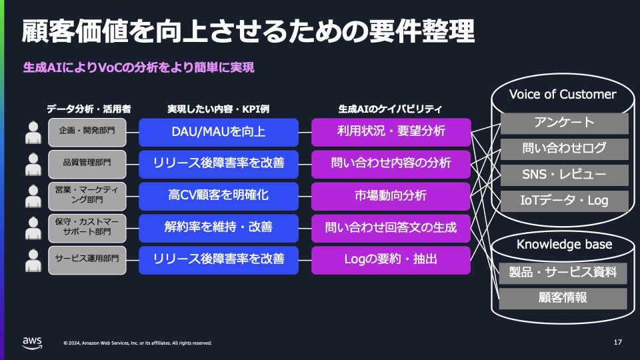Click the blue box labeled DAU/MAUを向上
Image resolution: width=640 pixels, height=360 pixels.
point(218,132)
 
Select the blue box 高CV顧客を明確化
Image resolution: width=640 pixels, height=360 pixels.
point(218,196)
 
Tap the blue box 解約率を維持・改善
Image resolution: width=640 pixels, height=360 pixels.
point(218,227)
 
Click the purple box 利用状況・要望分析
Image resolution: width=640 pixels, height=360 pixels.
point(391,132)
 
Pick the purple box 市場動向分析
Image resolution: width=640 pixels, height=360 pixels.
point(391,196)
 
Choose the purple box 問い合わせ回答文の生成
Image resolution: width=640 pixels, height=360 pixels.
point(391,227)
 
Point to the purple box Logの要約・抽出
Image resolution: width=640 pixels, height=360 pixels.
point(391,259)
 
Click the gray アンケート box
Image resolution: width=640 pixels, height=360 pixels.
point(564,123)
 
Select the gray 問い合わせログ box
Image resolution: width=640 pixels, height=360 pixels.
point(564,149)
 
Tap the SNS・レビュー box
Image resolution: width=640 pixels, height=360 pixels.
point(564,175)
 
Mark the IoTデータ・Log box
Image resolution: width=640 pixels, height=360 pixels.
point(564,200)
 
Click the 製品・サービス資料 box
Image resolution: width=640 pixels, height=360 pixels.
point(563,272)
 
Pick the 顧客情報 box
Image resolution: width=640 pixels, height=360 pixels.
point(563,298)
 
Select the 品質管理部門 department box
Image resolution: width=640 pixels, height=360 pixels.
point(87,163)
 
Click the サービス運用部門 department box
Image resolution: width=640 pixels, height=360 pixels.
point(87,259)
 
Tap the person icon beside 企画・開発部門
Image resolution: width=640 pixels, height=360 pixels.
point(33,133)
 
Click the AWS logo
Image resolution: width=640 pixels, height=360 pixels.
point(32,343)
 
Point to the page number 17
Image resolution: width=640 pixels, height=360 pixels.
point(617,343)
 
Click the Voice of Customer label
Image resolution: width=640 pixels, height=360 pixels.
point(563,94)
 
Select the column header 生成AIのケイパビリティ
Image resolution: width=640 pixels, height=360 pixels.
point(391,108)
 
